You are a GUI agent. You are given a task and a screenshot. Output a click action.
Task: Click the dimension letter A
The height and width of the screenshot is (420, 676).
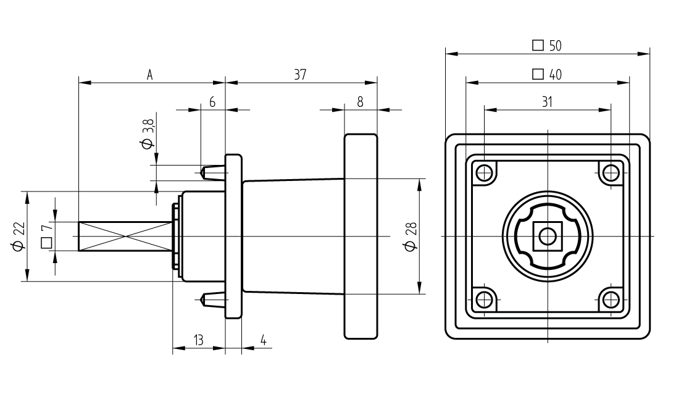[x=149, y=75]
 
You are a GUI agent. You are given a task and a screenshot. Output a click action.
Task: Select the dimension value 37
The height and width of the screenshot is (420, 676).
[x=300, y=75]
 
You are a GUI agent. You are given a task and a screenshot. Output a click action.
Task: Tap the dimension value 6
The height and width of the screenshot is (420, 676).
[x=212, y=102]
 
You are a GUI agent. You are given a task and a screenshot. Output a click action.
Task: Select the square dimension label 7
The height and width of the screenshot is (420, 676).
[x=46, y=237]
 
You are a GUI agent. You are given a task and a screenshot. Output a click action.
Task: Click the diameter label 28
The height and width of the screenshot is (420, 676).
[x=411, y=237]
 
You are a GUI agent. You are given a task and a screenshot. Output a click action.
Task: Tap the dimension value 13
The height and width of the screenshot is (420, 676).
[x=199, y=340]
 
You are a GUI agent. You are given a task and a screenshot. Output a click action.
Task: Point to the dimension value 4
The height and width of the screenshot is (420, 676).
[x=264, y=340]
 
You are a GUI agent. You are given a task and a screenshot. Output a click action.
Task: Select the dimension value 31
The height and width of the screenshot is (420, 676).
[x=547, y=102]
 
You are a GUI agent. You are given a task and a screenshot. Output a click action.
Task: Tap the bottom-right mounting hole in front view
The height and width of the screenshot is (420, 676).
[x=611, y=300]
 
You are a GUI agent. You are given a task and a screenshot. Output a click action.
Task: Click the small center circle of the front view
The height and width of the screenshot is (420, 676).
[x=548, y=237]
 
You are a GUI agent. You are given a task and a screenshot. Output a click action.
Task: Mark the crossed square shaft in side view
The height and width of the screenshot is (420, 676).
[x=125, y=237]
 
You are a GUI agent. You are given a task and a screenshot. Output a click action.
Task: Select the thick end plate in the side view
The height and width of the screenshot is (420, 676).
[x=361, y=237]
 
